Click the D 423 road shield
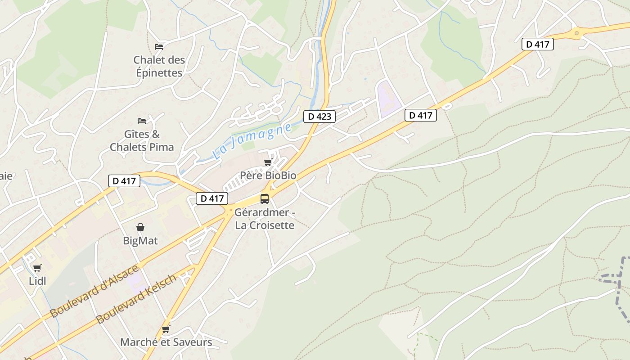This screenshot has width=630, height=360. (319, 117)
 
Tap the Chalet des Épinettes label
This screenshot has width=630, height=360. (159, 66)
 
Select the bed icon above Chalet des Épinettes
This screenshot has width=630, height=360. (158, 46)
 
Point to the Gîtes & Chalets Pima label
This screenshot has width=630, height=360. (142, 140)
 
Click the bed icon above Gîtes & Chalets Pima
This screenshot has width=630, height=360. (141, 121)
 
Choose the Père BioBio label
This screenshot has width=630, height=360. (268, 175)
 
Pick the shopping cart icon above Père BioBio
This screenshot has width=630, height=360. (268, 162)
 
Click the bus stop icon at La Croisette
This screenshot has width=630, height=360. (265, 198)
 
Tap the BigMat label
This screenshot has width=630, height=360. (140, 241)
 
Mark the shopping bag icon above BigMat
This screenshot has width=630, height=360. (140, 227)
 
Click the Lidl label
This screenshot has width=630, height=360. (37, 281)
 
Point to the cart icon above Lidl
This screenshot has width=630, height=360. (37, 268)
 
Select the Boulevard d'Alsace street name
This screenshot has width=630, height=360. (94, 291)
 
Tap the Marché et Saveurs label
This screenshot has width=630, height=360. (166, 342)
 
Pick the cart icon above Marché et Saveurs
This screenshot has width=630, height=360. (166, 329)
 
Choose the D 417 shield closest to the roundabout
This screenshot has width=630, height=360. (537, 44)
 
